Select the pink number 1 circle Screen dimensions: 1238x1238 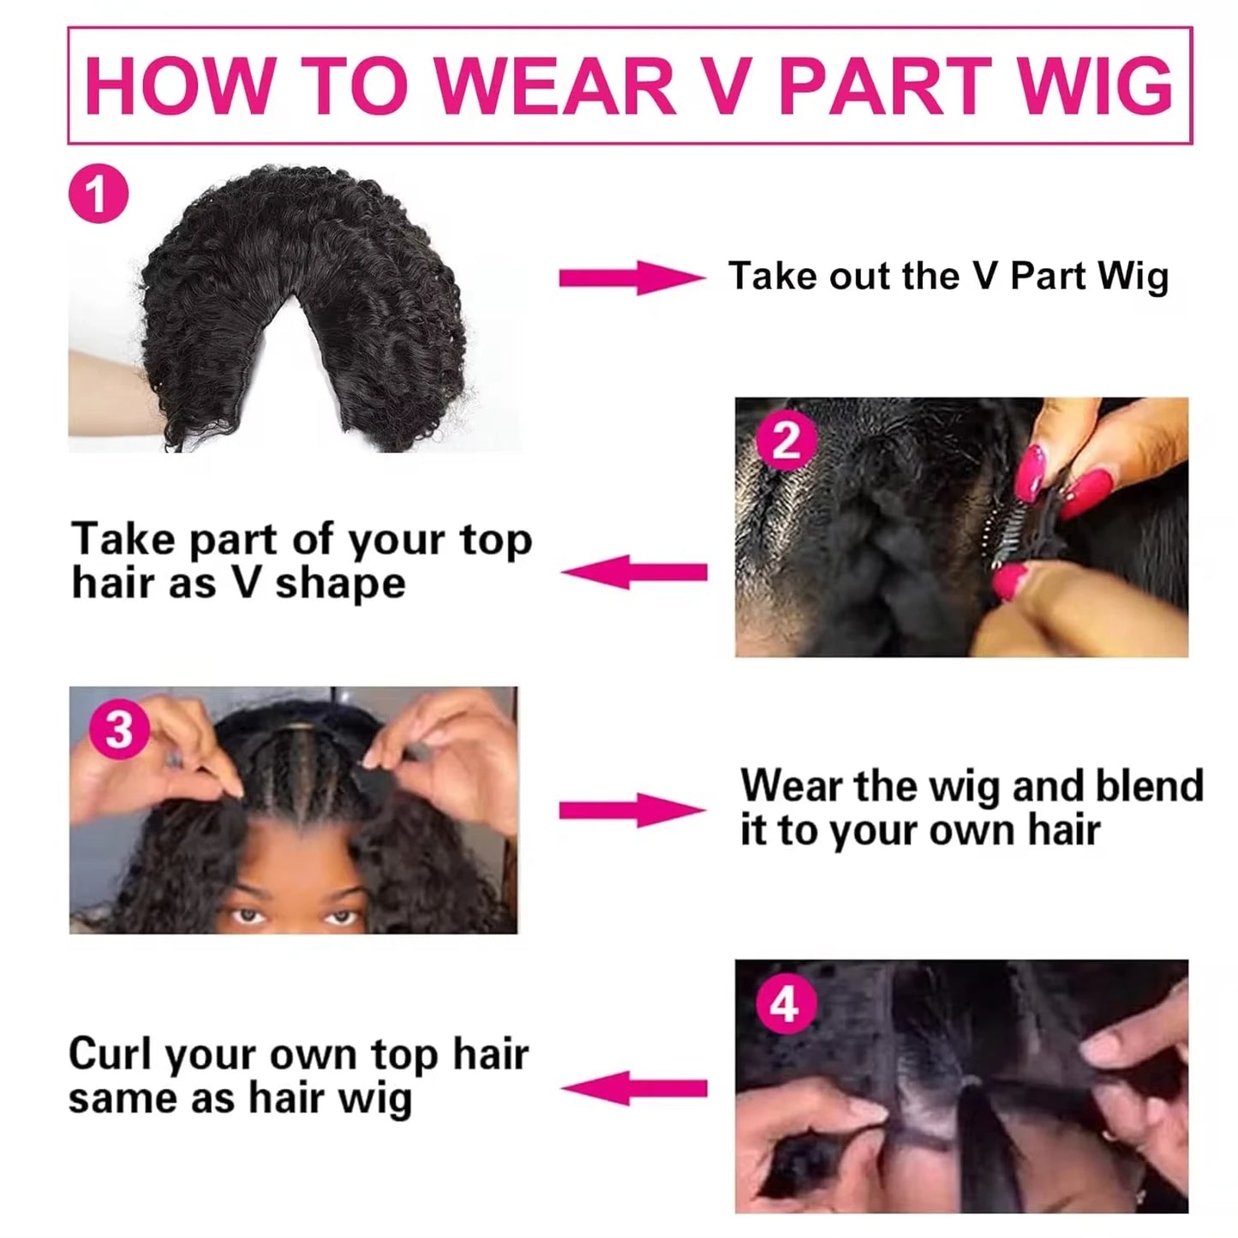[x=99, y=194]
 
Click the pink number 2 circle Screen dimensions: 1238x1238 [x=786, y=441]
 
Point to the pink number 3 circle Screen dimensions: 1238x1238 [x=119, y=730]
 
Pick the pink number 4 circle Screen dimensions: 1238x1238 [x=785, y=1004]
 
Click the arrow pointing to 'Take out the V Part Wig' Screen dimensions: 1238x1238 [x=631, y=278]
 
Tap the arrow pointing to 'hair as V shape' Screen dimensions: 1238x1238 [x=635, y=571]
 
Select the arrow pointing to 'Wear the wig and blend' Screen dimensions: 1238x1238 [x=631, y=810]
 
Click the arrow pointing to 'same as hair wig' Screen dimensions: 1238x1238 [x=635, y=1088]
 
